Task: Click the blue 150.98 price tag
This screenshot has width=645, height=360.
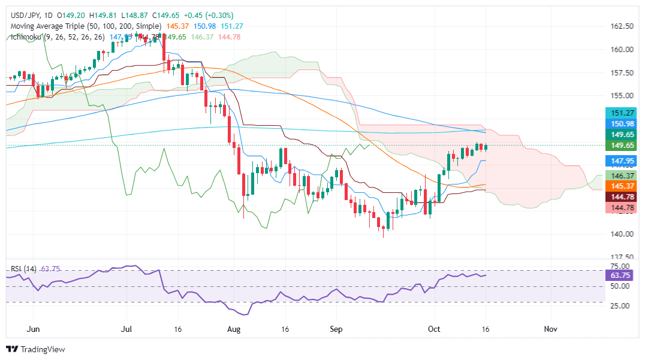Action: click(622, 123)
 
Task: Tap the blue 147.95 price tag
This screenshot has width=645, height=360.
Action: click(622, 161)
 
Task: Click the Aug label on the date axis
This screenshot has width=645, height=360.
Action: click(234, 329)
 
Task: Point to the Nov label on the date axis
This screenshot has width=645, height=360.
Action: click(549, 329)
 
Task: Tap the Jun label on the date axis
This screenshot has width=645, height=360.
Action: click(34, 329)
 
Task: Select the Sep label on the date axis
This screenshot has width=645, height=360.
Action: click(336, 329)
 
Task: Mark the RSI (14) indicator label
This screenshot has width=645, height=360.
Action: click(23, 269)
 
